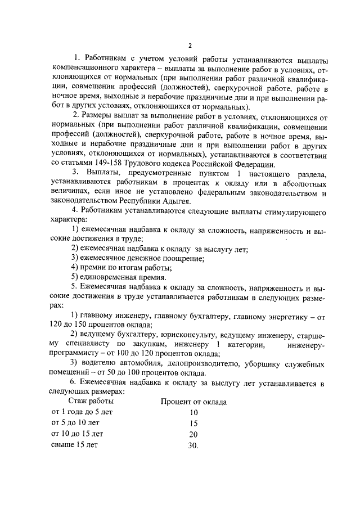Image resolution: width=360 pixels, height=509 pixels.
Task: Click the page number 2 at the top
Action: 190,45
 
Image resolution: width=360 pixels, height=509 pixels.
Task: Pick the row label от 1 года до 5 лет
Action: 82,412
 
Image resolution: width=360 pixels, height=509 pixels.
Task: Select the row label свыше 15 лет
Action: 74,445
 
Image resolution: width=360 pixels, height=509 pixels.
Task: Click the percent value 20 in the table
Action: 193,434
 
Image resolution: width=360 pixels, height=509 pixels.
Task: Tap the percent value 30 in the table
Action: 193,445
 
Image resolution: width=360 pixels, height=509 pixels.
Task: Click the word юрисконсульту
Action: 170,335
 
